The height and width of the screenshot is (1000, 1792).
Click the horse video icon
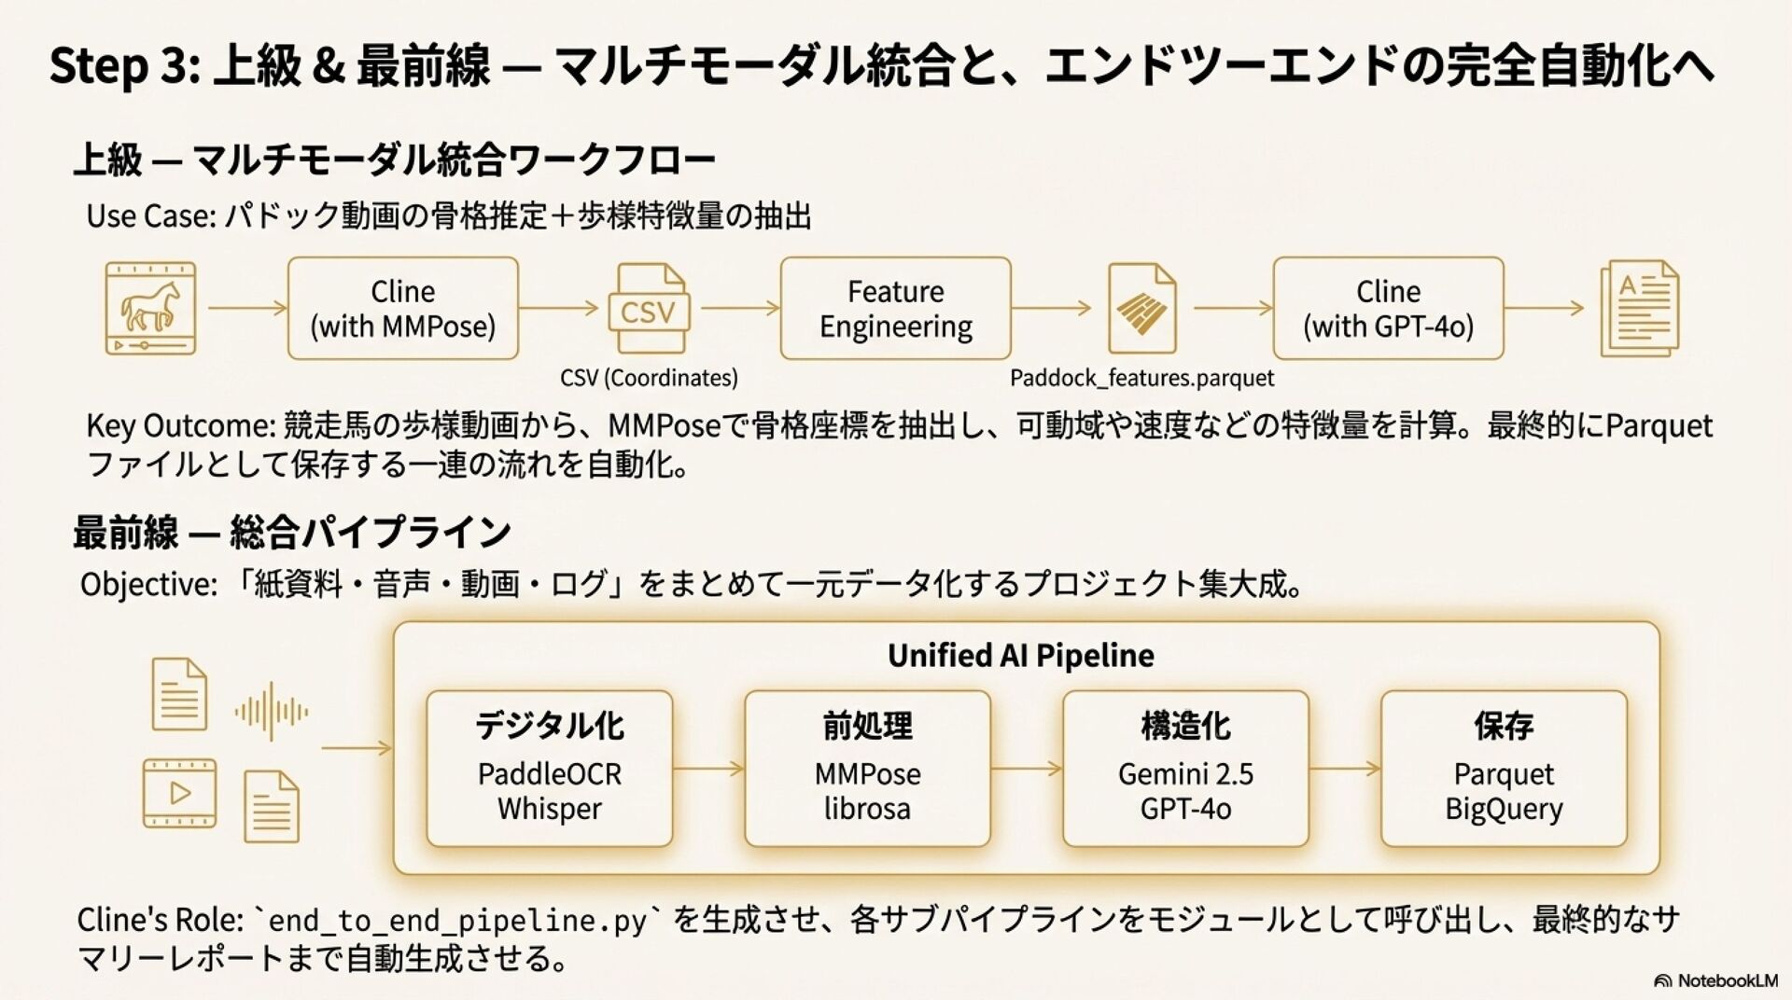click(x=150, y=308)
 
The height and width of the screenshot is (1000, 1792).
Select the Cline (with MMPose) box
click(x=402, y=309)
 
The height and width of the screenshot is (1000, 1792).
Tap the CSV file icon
click(x=648, y=309)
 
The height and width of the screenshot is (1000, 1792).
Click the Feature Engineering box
click(x=895, y=309)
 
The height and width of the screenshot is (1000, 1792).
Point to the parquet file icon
click(x=1141, y=309)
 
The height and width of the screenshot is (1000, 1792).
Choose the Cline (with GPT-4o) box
click(x=1388, y=309)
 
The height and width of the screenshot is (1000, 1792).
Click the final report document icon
click(x=1639, y=309)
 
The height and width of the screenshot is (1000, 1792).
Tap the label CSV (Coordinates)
click(x=649, y=378)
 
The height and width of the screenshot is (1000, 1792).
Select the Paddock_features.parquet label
click(x=1141, y=378)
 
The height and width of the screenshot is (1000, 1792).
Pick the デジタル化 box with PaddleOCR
click(x=549, y=769)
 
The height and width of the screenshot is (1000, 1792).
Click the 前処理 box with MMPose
click(x=867, y=769)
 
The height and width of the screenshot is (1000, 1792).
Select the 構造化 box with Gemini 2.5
click(x=1185, y=769)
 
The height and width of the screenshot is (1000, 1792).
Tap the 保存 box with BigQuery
click(x=1504, y=769)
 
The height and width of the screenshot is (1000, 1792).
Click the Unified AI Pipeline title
click(x=1020, y=656)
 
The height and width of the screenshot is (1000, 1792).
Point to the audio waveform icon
click(x=271, y=712)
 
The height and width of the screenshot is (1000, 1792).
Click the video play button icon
click(x=179, y=794)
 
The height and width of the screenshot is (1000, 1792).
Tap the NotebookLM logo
click(x=1715, y=980)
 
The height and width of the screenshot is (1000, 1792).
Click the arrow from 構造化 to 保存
click(x=1344, y=769)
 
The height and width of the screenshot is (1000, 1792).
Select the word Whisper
click(x=549, y=809)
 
